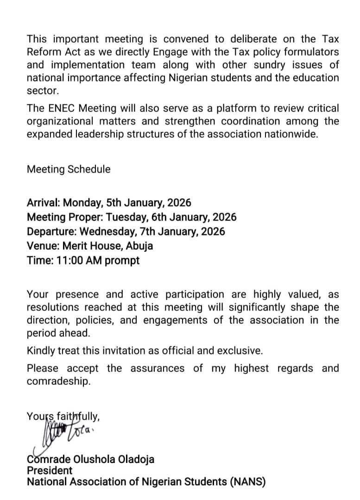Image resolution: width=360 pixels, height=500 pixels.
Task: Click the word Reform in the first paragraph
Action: [x=44, y=52]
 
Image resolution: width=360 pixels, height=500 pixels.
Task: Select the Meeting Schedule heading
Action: [x=69, y=169]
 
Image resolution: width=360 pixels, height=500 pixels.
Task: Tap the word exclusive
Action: [x=240, y=350]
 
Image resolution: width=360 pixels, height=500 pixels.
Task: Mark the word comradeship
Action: [x=58, y=382]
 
